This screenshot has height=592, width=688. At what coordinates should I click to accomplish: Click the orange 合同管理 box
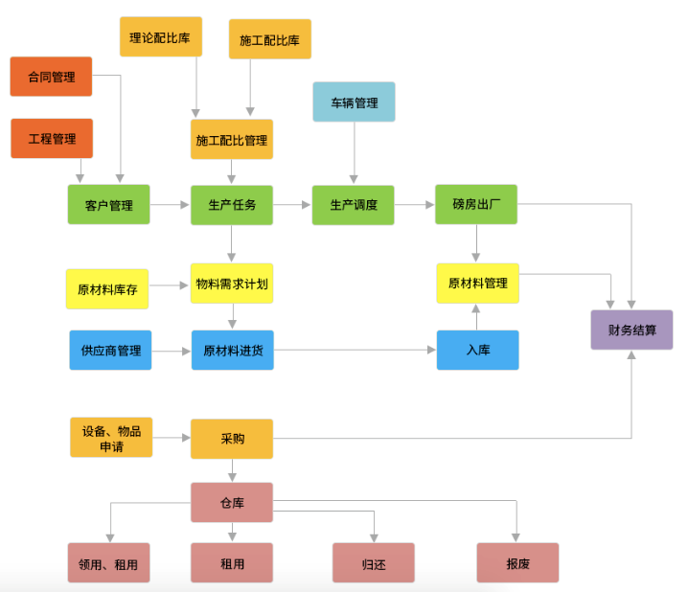pos(51,77)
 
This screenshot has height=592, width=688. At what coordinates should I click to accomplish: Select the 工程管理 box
pos(52,138)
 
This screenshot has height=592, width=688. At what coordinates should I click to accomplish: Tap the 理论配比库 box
pos(160,37)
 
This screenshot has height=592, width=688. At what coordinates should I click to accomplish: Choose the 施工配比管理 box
pos(232,140)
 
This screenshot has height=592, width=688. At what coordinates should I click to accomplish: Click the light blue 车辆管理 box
pos(355,102)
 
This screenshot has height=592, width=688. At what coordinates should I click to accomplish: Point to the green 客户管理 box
pos(109,205)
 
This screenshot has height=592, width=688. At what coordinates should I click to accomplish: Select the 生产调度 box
pos(354,205)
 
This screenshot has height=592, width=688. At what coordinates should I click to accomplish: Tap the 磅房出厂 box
pos(476,205)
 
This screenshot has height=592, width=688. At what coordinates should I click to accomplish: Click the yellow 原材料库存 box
pos(107,289)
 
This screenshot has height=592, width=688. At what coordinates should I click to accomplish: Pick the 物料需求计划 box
pos(232,284)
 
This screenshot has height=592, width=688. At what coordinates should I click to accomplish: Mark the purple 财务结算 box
pos(631,330)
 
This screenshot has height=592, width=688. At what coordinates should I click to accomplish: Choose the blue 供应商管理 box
pos(110,351)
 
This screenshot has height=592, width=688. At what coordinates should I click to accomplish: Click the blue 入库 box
pos(477,351)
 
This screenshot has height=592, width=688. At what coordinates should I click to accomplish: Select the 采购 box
pos(232,439)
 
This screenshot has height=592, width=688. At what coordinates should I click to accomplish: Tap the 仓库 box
pos(232,502)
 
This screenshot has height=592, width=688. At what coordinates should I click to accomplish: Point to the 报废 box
pos(517,563)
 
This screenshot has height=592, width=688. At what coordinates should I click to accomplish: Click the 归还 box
pos(374,563)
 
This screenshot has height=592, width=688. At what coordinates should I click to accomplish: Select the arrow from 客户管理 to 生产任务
pos(171,205)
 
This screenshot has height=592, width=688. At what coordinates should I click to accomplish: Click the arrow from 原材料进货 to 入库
pos(355,351)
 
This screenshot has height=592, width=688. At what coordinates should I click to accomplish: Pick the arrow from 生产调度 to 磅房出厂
pos(415,205)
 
